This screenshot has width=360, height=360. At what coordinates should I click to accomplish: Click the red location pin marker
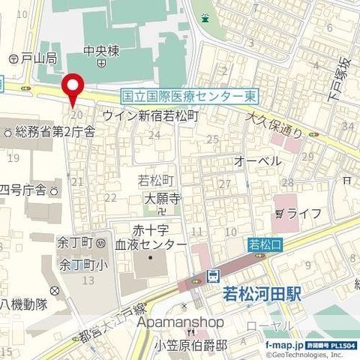click(x=72, y=90)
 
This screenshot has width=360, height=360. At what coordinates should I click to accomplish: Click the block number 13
click(x=88, y=280)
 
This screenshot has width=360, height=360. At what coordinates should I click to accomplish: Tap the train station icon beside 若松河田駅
click(x=213, y=275)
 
